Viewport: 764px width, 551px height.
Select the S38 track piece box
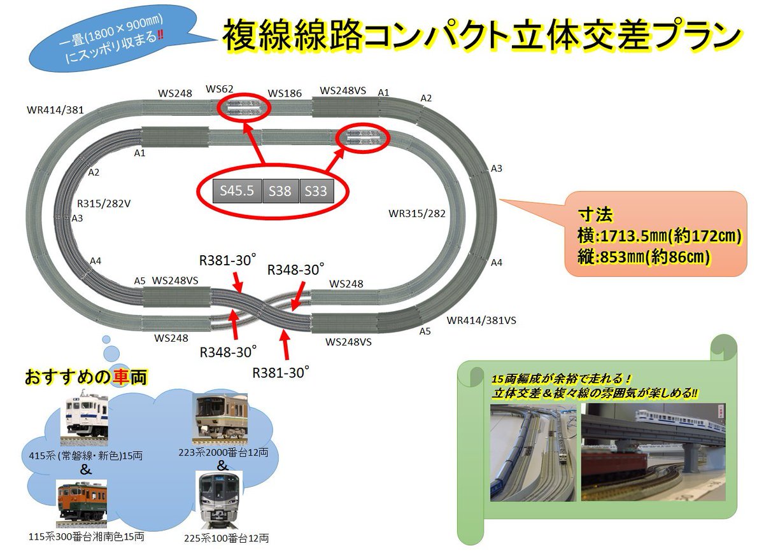pyautogui.click(x=280, y=191)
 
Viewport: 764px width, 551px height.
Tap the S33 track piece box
pyautogui.click(x=316, y=191)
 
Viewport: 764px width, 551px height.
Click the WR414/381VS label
pyautogui.click(x=481, y=320)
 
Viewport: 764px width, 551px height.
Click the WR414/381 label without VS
pyautogui.click(x=55, y=109)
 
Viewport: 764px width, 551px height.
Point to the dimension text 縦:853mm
pyautogui.click(x=643, y=257)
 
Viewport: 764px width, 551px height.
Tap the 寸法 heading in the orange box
pyautogui.click(x=595, y=213)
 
